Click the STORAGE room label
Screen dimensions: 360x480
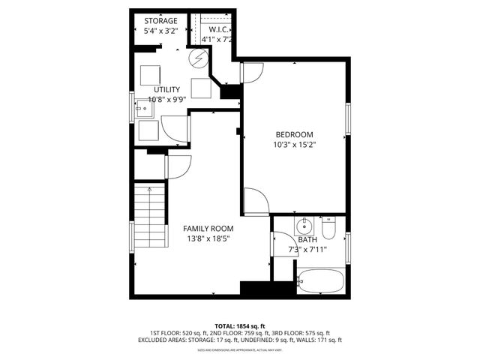161,21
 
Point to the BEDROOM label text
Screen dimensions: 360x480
294,134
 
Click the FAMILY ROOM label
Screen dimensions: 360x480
208,228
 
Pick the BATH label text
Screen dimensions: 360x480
307,240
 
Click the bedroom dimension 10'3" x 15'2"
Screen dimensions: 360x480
294,145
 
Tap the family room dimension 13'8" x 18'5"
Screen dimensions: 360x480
208,238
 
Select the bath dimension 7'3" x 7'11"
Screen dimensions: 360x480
307,249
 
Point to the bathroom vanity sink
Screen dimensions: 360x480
304,226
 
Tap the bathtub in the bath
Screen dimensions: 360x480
320,282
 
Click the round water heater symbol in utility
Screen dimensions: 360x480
199,59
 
